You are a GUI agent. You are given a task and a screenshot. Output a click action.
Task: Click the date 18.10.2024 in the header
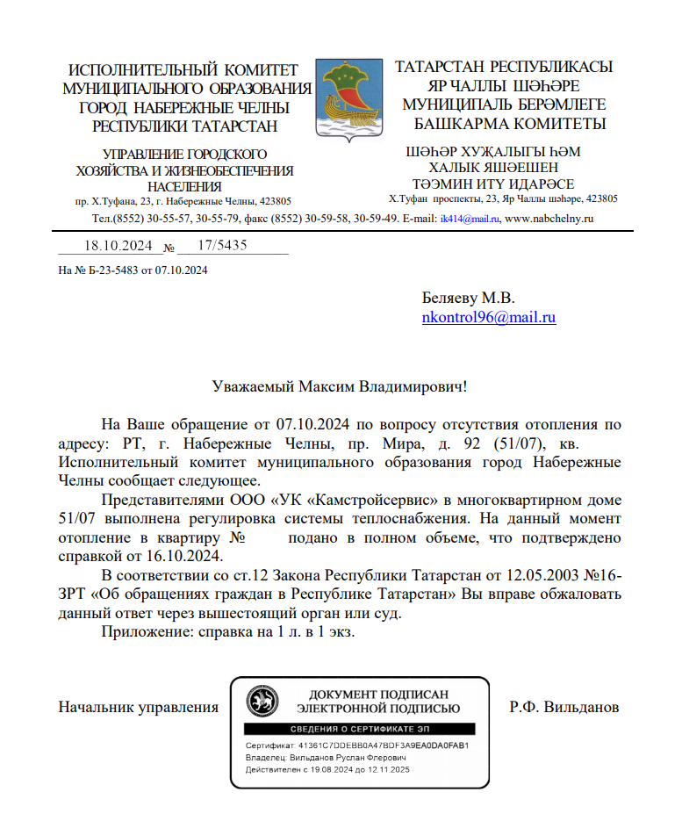tap(118, 246)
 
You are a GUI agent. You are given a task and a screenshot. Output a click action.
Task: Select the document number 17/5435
tap(223, 246)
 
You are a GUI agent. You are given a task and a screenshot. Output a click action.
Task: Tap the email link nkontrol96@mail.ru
tap(489, 318)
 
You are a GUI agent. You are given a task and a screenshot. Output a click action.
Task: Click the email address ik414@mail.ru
tap(470, 218)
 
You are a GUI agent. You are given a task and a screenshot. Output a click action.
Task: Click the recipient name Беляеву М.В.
tap(468, 298)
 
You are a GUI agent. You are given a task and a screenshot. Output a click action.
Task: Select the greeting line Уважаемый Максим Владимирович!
tap(341, 385)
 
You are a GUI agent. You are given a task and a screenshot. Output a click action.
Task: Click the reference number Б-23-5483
tap(108, 270)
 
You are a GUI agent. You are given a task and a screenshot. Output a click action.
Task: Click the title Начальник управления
tap(138, 706)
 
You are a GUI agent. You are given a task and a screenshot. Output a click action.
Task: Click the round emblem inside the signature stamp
tap(262, 701)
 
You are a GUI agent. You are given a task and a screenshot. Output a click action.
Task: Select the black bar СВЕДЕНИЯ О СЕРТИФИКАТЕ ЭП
tap(359, 730)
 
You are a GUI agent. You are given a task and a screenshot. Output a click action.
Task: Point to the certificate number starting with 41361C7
tap(383, 746)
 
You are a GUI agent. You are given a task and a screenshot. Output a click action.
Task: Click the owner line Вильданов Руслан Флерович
tap(349, 757)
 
